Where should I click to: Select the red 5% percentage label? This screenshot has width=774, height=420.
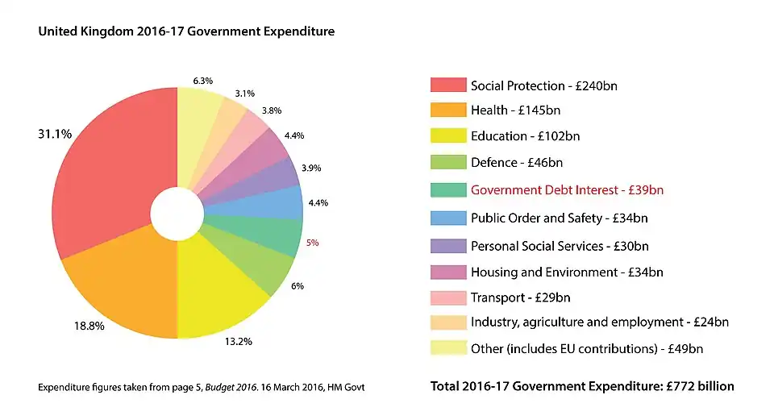click(312, 241)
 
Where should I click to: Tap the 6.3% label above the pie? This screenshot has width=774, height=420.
click(203, 81)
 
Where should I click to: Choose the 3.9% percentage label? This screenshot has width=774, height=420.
click(311, 168)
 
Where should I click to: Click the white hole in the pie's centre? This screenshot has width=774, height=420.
click(177, 214)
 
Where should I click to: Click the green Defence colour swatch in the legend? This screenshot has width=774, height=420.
click(447, 163)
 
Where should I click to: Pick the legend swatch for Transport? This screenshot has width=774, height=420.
click(447, 297)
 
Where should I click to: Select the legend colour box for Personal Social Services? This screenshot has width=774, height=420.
click(447, 246)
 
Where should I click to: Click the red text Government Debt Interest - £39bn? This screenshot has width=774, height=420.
click(567, 190)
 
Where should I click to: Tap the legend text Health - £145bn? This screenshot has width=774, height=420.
click(515, 110)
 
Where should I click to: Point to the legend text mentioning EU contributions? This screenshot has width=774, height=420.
click(587, 349)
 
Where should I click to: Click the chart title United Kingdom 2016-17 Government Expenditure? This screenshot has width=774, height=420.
click(186, 31)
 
